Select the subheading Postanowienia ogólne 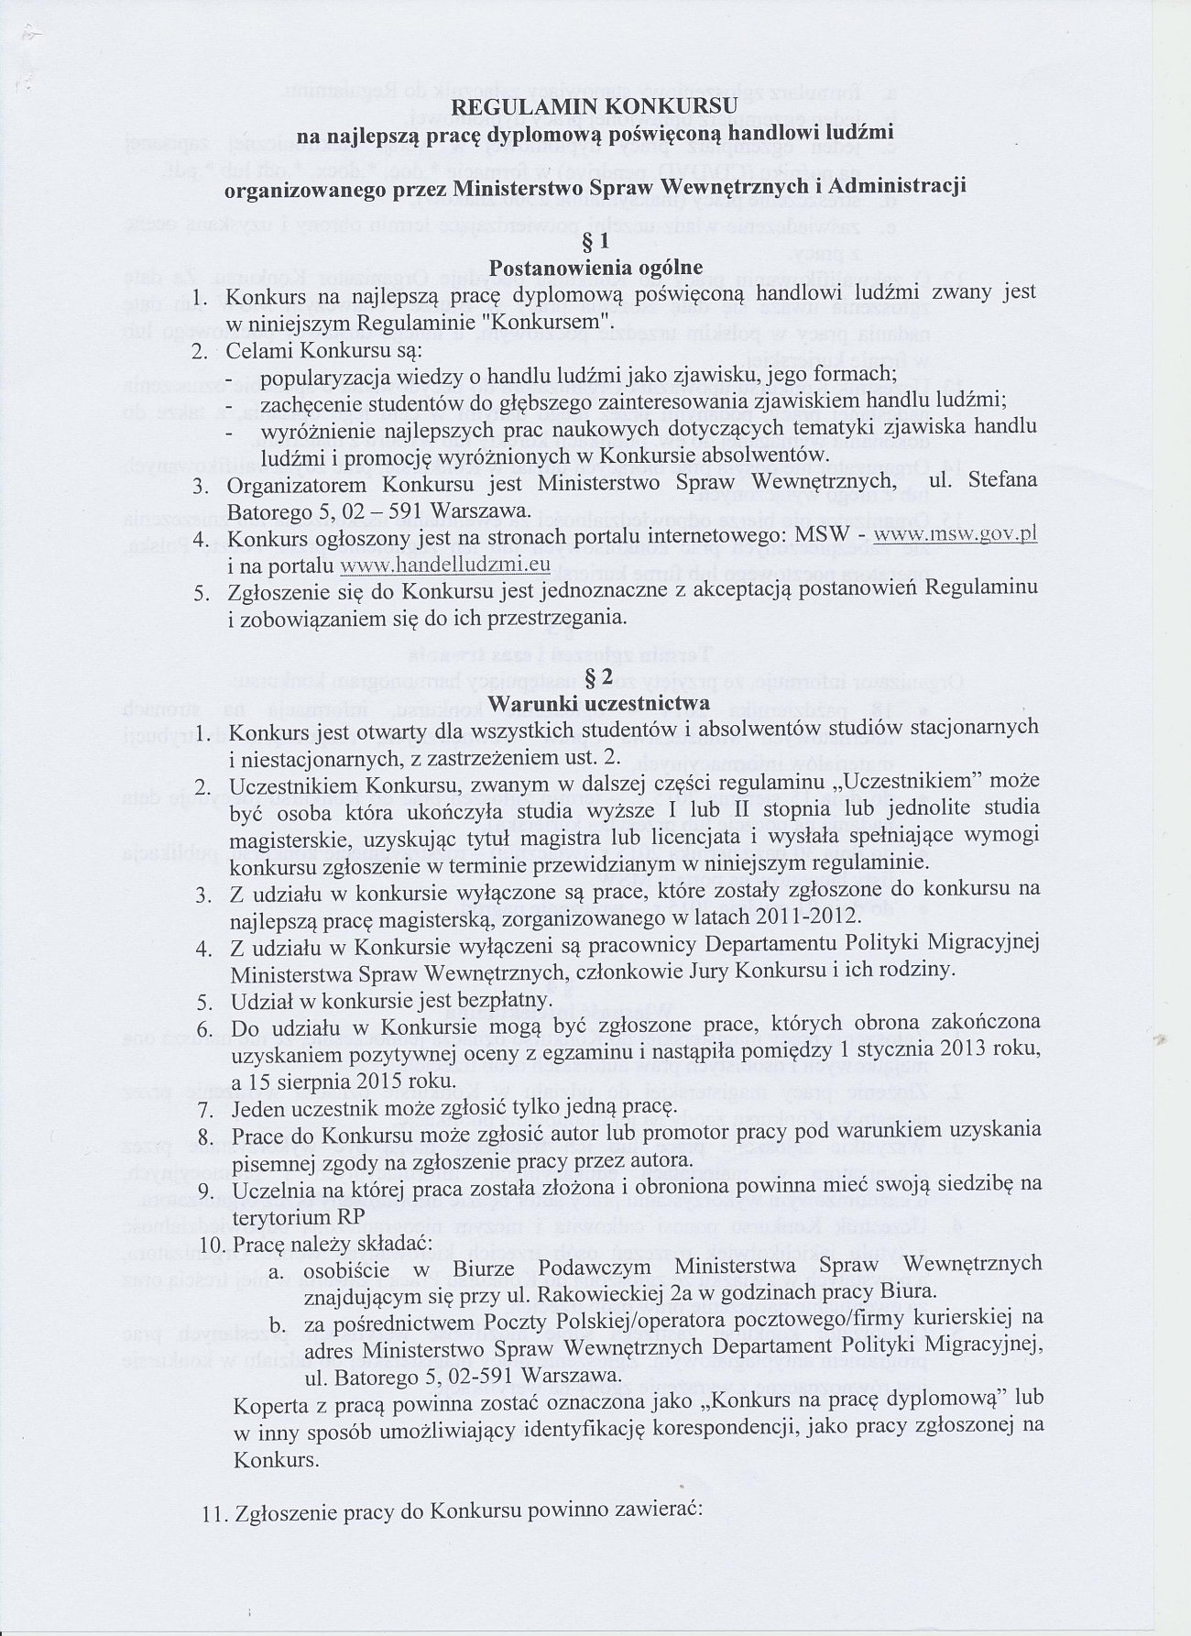(595, 268)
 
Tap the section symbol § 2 (596, 677)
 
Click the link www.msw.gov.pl (956, 535)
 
